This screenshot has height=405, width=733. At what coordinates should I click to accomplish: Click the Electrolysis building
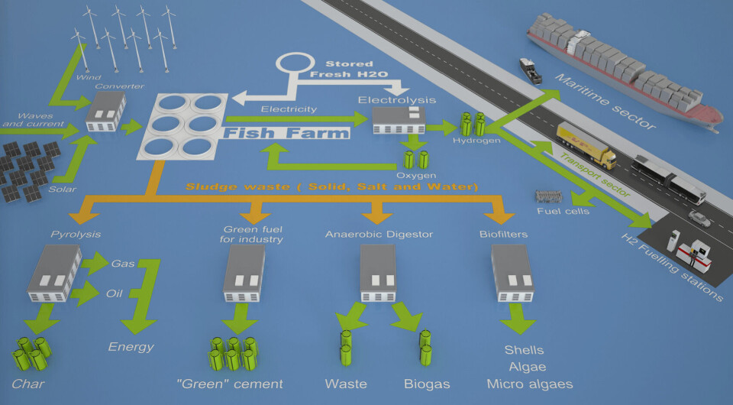click(398, 120)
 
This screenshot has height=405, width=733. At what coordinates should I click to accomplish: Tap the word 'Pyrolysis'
click(76, 233)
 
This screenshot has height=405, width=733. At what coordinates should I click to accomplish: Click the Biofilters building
click(511, 272)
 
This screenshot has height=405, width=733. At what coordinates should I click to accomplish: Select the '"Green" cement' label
click(240, 384)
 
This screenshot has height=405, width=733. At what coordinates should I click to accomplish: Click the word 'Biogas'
click(427, 384)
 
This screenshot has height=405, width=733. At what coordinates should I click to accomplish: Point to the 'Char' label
click(27, 383)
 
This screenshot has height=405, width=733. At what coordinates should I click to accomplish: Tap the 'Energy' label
click(131, 347)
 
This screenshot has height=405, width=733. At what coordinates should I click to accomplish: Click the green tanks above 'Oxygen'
click(415, 159)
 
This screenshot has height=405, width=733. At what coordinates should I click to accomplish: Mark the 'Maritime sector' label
click(604, 101)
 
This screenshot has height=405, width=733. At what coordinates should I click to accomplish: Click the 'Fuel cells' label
click(563, 211)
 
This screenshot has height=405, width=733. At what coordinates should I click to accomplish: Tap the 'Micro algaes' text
click(529, 384)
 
